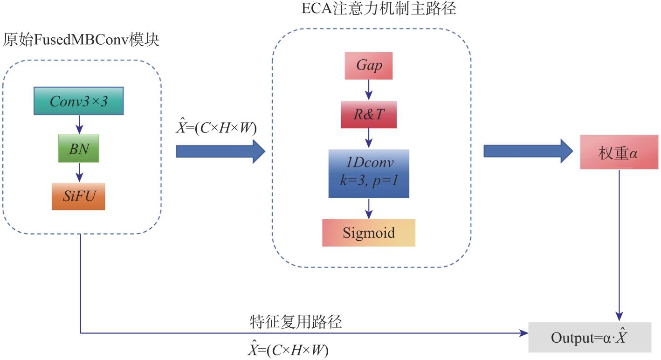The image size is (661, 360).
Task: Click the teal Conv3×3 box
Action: point(78,101)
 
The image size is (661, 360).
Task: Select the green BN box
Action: point(78,148)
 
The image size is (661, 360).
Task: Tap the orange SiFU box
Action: point(78,196)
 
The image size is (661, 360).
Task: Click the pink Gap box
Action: point(369,66)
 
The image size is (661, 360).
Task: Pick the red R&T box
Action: point(369,115)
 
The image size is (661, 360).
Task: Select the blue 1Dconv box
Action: point(369,173)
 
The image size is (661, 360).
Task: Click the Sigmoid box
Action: point(369,233)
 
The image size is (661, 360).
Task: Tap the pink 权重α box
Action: point(619,152)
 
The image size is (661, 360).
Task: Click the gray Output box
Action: point(590,337)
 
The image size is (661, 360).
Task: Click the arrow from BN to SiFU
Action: point(79,173)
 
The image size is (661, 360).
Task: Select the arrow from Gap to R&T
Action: point(369,90)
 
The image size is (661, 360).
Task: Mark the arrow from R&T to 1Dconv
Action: point(369,138)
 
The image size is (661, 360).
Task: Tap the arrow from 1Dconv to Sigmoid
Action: point(369,208)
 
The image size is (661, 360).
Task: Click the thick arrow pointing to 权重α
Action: point(528,152)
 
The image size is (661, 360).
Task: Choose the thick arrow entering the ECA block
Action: point(220,152)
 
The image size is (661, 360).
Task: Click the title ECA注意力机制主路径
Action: point(379,8)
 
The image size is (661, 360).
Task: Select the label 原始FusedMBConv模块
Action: point(81,40)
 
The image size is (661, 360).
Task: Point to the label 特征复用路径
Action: point(296,321)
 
